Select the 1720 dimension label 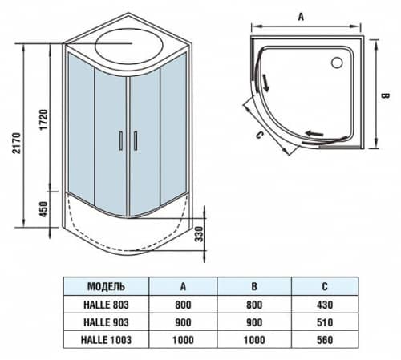click(46, 118)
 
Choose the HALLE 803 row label click(104, 305)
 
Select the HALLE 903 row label click(104, 322)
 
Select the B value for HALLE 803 click(254, 305)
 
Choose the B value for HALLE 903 click(254, 322)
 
